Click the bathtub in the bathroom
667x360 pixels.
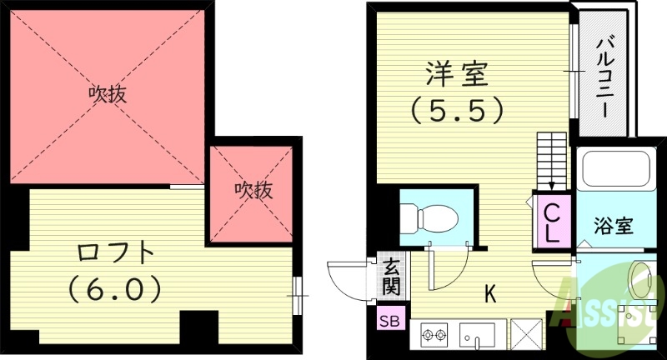pos(614,169)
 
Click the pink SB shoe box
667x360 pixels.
pos(389,320)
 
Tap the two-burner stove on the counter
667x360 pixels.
pos(434,337)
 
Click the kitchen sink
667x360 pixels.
pos(479,337)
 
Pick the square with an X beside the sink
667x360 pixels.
pos(526,337)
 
